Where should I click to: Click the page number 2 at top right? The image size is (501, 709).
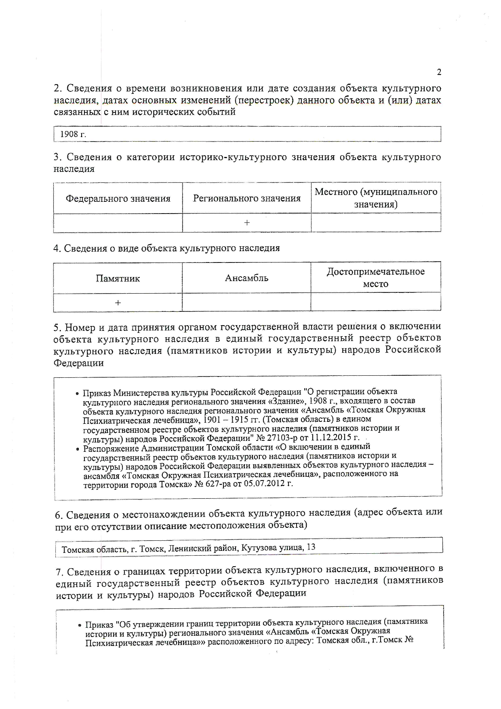[x=439, y=72]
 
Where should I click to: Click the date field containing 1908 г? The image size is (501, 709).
[x=73, y=134]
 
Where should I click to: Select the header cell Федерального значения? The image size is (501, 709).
[x=118, y=199]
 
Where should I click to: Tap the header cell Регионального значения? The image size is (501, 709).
[x=247, y=198]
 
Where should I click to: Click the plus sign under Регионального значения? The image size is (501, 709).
[x=247, y=222]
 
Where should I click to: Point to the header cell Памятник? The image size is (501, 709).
[x=118, y=278]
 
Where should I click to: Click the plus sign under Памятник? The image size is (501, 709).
[x=118, y=303]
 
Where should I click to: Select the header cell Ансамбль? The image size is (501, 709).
[x=246, y=278]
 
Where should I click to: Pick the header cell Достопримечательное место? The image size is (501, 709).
[x=375, y=277]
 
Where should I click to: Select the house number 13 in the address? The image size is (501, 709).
[x=311, y=547]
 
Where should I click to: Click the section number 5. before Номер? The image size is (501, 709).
[x=57, y=327]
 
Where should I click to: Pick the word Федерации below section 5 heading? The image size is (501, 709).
[x=79, y=363]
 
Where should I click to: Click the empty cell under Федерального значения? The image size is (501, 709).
[x=118, y=222]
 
